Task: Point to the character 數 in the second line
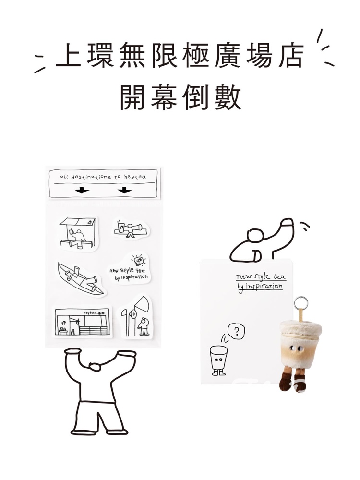pyautogui.click(x=227, y=98)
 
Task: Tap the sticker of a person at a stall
pyautogui.click(x=77, y=233)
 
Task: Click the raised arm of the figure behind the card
pyautogui.click(x=284, y=235)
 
